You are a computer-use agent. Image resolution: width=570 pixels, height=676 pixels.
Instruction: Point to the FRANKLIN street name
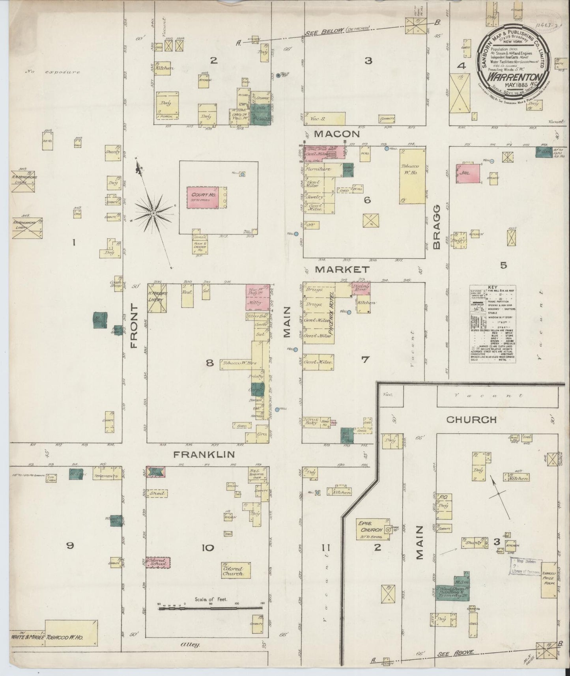[204, 454]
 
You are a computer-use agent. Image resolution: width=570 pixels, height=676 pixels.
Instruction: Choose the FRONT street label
[134, 326]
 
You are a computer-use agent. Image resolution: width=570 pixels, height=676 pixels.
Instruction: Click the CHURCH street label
[471, 420]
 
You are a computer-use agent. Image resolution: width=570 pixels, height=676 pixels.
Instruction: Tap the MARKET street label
[342, 270]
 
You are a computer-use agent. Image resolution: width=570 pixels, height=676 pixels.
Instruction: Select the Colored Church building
[236, 570]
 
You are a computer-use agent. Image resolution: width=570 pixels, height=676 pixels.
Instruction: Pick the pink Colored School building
[158, 563]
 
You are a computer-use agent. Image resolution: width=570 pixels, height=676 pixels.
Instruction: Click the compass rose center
[153, 213]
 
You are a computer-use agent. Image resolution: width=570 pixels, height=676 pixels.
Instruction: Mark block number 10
[207, 547]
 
